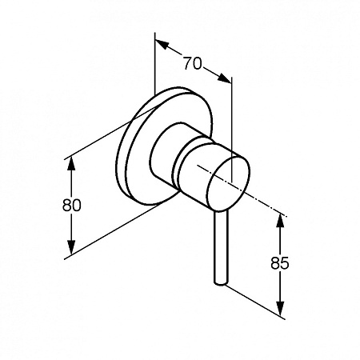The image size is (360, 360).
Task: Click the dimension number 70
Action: point(192,64)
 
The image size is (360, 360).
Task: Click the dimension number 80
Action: point(71,206)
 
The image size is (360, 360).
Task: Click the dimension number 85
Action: point(280,263)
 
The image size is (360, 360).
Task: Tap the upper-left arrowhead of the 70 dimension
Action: point(162,44)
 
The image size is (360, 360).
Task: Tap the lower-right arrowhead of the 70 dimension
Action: point(224,78)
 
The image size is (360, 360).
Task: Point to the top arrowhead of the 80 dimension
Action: point(71,163)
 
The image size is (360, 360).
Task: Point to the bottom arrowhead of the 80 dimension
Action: point(71,248)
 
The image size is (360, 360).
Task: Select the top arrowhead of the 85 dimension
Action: point(280,220)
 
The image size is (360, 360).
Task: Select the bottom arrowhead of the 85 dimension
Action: point(280,309)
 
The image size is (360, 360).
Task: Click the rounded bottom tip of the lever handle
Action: point(221,283)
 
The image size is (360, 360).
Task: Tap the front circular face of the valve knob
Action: point(228,184)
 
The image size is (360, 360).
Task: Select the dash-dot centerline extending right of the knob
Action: point(242,190)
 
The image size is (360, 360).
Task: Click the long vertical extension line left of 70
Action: point(154,63)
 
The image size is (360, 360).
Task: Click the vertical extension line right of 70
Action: point(232,130)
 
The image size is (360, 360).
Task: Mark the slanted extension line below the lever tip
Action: point(255,302)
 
